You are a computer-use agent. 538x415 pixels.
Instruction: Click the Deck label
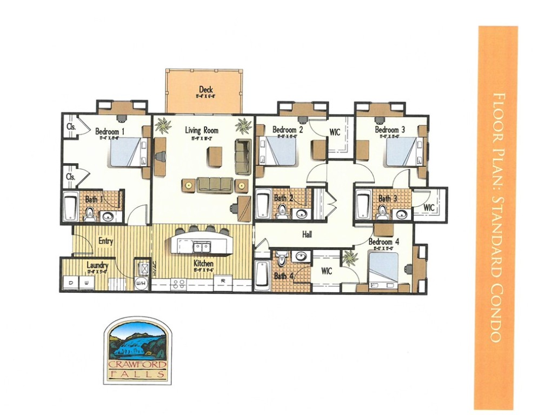coord(205,90)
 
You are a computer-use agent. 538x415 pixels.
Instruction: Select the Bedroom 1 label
coord(110,131)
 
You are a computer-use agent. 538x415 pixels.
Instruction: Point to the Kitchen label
coord(204,264)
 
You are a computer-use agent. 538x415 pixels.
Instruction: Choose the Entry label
coord(105,241)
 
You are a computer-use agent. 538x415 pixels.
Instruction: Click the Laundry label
coord(97,266)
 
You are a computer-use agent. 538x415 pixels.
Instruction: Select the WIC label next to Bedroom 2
coord(335,132)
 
